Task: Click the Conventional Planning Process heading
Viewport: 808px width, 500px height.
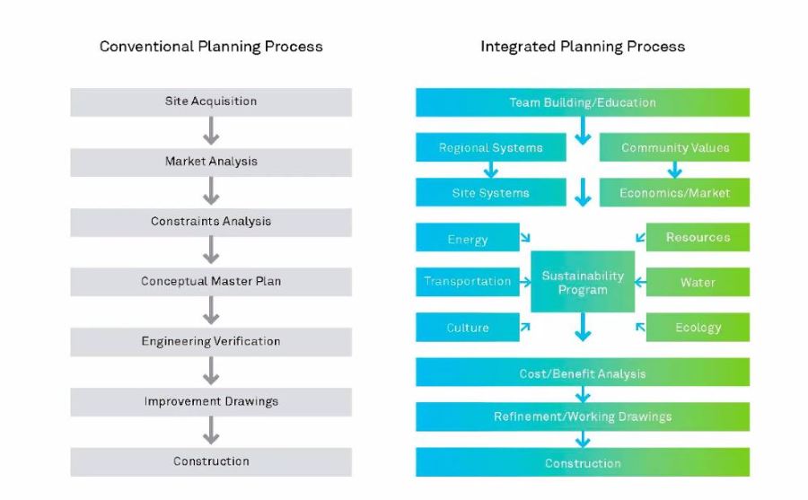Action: [x=211, y=46]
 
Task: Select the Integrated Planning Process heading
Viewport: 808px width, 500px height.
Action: [x=583, y=46]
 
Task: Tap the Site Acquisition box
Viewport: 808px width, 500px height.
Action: [x=211, y=101]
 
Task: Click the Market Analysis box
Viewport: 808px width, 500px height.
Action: [x=211, y=162]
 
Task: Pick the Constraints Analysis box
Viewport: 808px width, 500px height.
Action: [x=211, y=222]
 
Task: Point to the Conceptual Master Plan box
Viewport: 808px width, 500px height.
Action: [x=211, y=282]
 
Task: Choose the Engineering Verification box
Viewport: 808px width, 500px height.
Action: [x=211, y=342]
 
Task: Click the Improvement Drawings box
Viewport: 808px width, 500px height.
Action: [x=211, y=401]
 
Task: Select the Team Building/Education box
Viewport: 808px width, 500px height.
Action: [x=583, y=102]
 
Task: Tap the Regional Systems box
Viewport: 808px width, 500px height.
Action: [x=491, y=148]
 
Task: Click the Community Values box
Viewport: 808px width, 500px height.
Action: [x=674, y=148]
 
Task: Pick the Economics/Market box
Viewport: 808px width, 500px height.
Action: [x=674, y=193]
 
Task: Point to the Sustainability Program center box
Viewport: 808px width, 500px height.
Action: [x=583, y=282]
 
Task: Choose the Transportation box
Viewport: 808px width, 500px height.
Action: [x=468, y=282]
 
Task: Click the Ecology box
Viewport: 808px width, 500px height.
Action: [x=698, y=328]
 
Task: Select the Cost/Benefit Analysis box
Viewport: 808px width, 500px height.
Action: [x=583, y=373]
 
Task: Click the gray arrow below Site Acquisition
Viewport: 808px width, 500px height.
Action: [x=211, y=132]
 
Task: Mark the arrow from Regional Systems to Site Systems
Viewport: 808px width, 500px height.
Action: [x=491, y=170]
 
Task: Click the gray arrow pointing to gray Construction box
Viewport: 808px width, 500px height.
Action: [x=211, y=432]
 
